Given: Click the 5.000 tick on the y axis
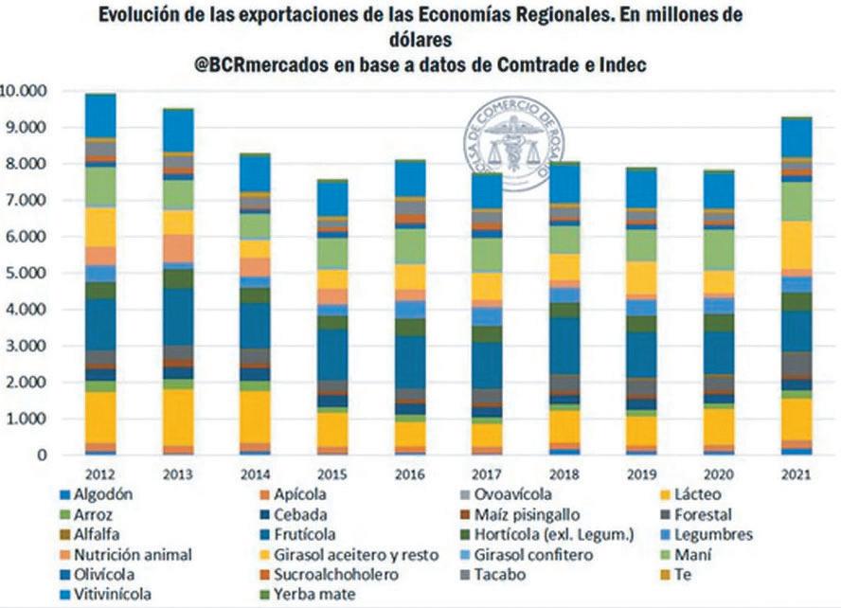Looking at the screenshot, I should [x=28, y=274].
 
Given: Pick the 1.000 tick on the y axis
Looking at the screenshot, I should [x=28, y=420].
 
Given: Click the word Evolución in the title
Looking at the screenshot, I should [x=154, y=16].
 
